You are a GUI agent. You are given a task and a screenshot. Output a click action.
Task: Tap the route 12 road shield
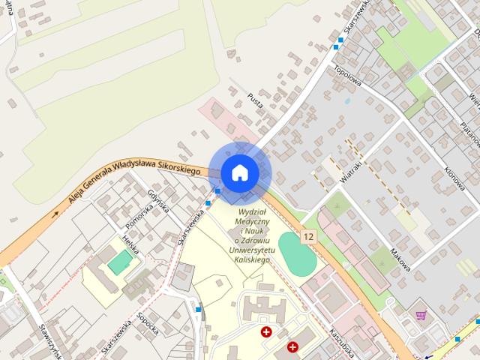307,237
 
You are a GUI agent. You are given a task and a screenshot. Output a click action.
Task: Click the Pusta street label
255,102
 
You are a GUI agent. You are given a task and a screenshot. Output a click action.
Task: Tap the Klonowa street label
453,157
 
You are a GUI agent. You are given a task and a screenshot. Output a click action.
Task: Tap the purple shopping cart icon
421,316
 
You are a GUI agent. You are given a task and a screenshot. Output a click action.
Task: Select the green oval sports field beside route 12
298,253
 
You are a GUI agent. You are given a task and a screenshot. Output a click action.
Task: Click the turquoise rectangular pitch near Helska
119,262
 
